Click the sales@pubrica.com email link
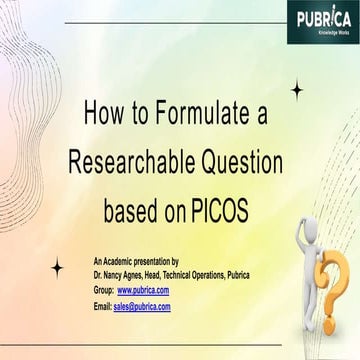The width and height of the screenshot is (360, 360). [x=142, y=306]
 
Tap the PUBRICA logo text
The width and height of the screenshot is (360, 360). [x=323, y=17]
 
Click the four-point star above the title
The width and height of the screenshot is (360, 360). [x=296, y=90]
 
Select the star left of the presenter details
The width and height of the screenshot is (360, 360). [x=57, y=266]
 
